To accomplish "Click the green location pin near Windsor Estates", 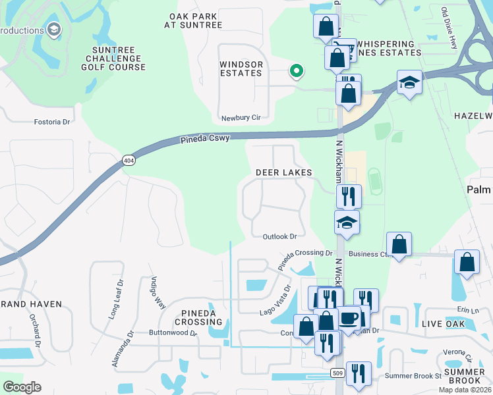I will click(x=297, y=70).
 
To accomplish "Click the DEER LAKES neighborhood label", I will click(x=283, y=172).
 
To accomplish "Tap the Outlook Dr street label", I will click(x=279, y=236).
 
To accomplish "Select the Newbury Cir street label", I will click(x=241, y=117).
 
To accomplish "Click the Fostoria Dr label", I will click(x=52, y=122).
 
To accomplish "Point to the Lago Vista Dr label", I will click(x=275, y=302).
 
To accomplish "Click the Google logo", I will click(x=22, y=387).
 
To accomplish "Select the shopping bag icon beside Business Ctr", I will click(x=399, y=244).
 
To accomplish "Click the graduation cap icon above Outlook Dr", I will click(x=347, y=223).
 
